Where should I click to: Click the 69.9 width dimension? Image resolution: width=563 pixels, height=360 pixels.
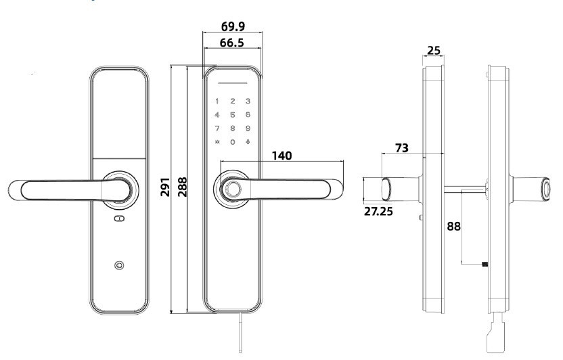click(x=233, y=27)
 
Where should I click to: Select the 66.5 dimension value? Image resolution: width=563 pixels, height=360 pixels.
click(x=233, y=43)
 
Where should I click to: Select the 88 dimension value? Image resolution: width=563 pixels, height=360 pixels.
click(x=453, y=226)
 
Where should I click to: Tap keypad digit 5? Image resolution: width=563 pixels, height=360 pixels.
click(x=233, y=115)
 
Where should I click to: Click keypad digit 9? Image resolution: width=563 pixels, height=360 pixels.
click(x=248, y=128)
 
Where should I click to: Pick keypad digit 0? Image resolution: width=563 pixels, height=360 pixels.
click(x=233, y=142)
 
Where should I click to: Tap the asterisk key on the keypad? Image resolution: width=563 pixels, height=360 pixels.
click(x=217, y=142)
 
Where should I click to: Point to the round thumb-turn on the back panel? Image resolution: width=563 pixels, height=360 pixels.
click(x=119, y=265)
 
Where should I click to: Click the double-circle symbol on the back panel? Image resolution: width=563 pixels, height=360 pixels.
click(x=119, y=219)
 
